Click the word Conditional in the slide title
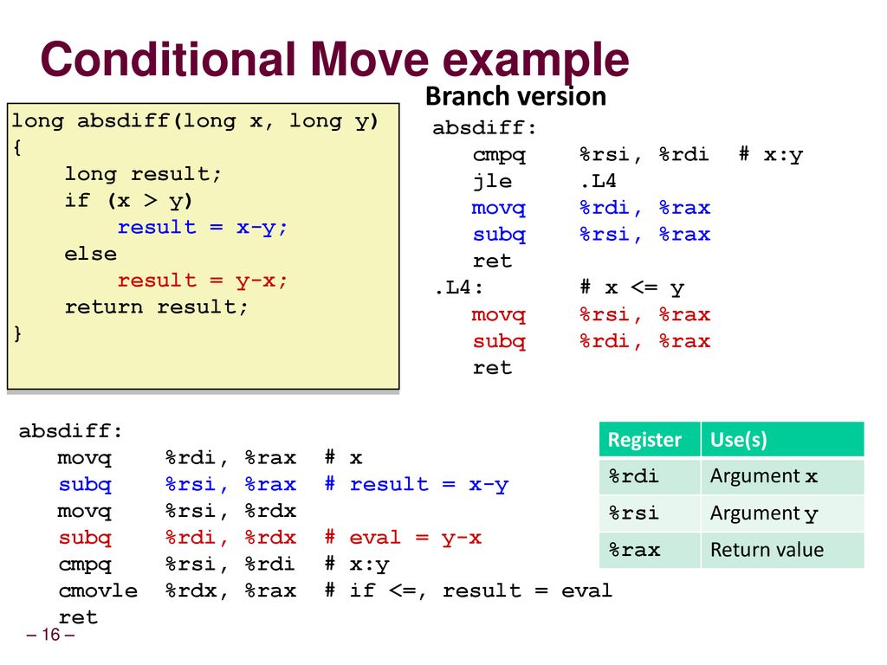(168, 60)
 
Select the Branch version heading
(515, 96)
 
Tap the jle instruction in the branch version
(492, 181)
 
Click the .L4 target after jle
(598, 181)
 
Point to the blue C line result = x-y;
(202, 228)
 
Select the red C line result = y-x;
(202, 281)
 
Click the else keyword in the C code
(90, 254)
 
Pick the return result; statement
(156, 307)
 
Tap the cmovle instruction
(98, 591)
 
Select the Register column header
(644, 440)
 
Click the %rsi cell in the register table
(633, 513)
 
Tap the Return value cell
(767, 550)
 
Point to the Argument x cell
(764, 476)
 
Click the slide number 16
(50, 635)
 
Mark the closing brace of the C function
(17, 333)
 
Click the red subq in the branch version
(499, 341)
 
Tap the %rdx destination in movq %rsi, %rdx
(270, 511)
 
